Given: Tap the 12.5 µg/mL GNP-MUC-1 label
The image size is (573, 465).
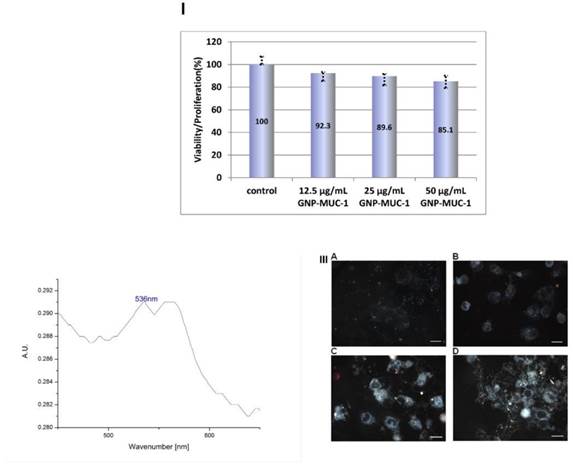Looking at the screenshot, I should click(x=323, y=193).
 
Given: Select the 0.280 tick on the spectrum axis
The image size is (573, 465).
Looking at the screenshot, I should click(x=44, y=427).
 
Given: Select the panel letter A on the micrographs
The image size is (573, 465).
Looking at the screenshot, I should click(x=334, y=257).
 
